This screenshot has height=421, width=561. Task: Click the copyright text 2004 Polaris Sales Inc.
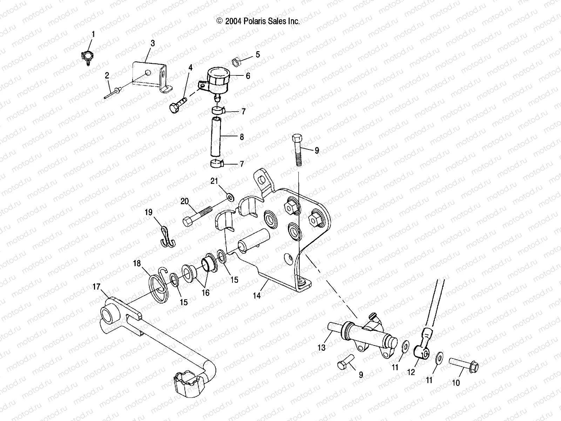pyautogui.click(x=258, y=21)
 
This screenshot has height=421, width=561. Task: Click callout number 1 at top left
pyautogui.click(x=93, y=34)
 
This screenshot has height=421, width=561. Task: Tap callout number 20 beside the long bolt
pyautogui.click(x=185, y=201)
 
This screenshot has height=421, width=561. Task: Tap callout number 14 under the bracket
pyautogui.click(x=257, y=296)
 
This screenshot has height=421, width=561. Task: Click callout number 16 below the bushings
pyautogui.click(x=205, y=293)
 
